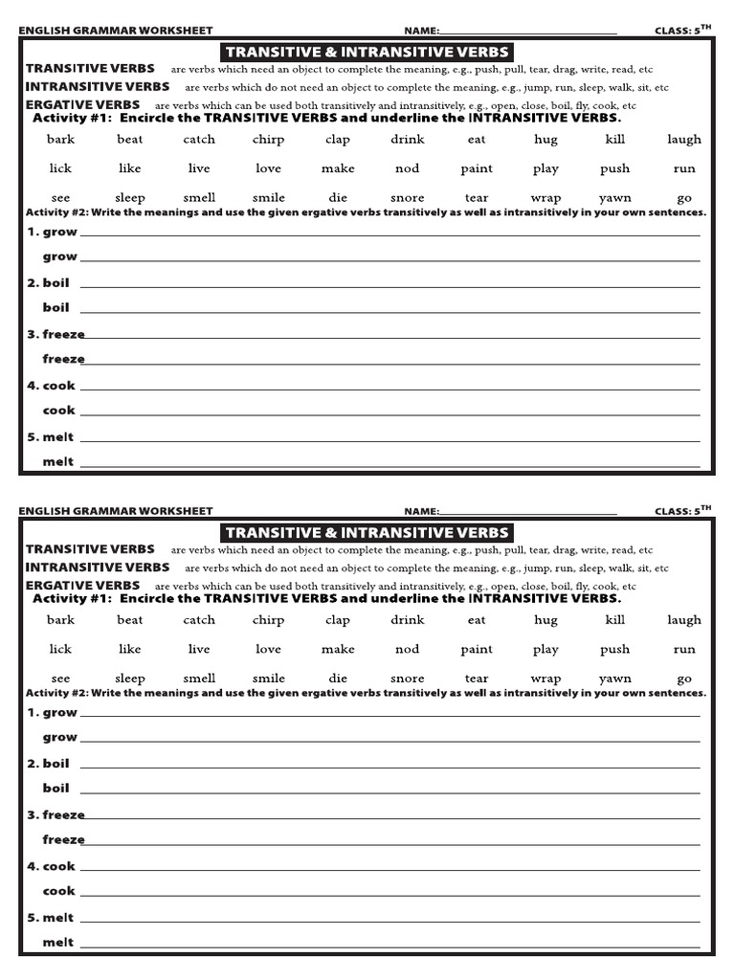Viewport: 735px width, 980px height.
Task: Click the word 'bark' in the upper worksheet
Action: [x=60, y=139]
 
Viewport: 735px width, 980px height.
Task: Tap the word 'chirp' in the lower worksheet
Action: [x=268, y=620]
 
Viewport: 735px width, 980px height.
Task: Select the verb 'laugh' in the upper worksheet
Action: [x=683, y=140]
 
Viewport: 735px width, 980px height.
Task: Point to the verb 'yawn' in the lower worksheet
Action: [x=614, y=679]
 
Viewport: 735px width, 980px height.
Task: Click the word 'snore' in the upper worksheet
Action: [x=407, y=198]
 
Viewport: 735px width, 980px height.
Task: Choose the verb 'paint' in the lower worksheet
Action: [x=477, y=649]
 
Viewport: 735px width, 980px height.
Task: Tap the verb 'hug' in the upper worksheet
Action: [x=546, y=140]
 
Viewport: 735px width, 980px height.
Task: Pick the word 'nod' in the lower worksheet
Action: [x=407, y=649]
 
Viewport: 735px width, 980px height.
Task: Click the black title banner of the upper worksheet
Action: [x=367, y=52]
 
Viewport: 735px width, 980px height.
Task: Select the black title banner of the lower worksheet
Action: [x=367, y=533]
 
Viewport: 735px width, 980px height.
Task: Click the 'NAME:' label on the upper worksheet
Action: [x=421, y=31]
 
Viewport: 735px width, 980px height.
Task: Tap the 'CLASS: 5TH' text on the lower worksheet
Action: [x=683, y=511]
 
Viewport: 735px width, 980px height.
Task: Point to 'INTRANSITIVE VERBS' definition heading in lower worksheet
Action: [x=98, y=568]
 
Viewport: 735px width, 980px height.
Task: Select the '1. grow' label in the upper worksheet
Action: [x=53, y=232]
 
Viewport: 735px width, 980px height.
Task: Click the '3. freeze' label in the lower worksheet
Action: [x=56, y=814]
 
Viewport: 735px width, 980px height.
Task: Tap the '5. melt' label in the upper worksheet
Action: [x=51, y=437]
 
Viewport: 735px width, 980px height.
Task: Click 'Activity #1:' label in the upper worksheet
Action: [x=73, y=118]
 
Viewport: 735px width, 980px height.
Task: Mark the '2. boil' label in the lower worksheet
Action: [x=49, y=764]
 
